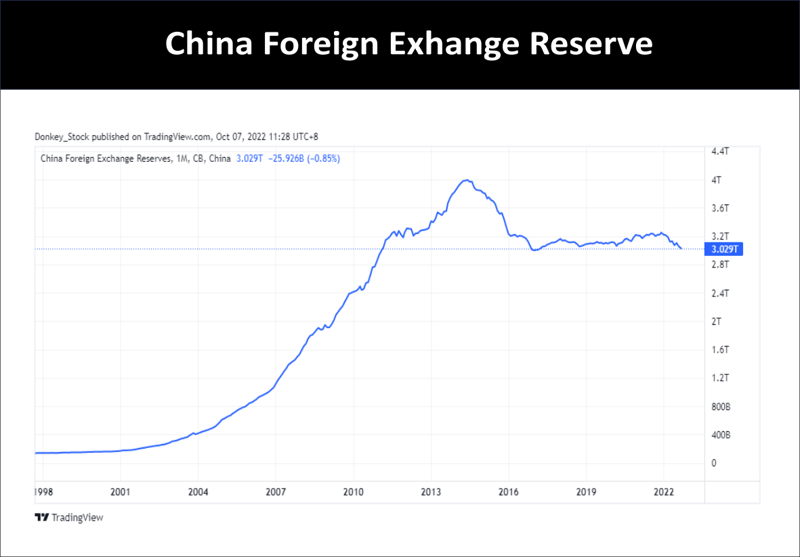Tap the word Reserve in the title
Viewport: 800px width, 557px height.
(x=590, y=44)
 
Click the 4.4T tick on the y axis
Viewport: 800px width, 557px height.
(x=720, y=152)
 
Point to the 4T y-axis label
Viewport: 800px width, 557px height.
(x=716, y=180)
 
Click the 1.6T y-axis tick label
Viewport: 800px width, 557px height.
(x=720, y=349)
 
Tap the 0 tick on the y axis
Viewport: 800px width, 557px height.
(x=713, y=463)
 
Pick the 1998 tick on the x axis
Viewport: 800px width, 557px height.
(x=43, y=491)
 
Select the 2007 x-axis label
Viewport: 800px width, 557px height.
(x=276, y=491)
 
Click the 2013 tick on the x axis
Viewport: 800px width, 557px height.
(x=431, y=491)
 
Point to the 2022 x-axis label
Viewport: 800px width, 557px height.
(x=663, y=491)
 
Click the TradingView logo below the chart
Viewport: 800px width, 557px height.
(x=68, y=518)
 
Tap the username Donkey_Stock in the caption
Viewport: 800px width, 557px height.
(x=62, y=137)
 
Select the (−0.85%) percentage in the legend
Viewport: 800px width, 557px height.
(x=324, y=159)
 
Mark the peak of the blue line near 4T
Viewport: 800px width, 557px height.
(x=466, y=180)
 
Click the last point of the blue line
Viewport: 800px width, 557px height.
(x=681, y=248)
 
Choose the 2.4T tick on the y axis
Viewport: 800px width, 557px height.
(x=720, y=293)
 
